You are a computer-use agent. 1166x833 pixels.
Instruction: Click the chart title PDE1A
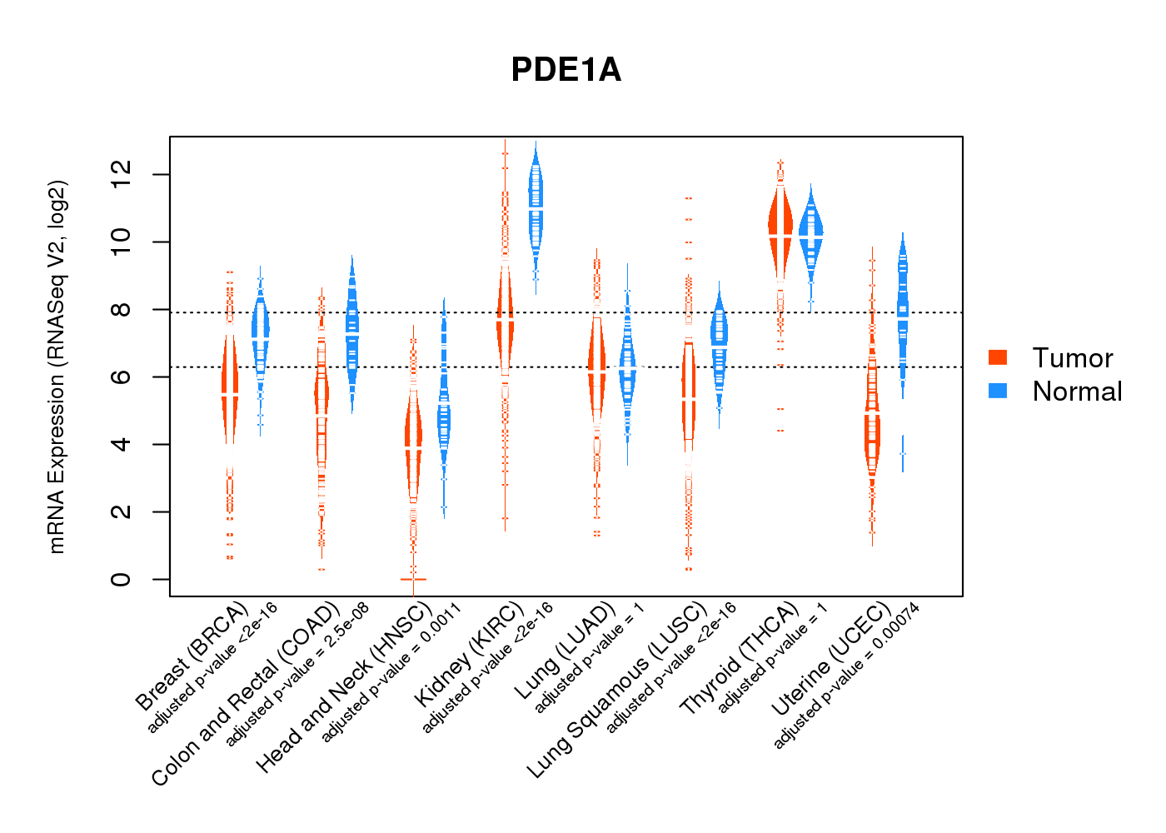[x=566, y=70]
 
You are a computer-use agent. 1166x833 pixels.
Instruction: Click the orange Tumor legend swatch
[x=998, y=357]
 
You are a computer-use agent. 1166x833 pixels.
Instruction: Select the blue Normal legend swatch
[x=998, y=391]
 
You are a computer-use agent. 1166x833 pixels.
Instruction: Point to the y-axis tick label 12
[x=122, y=174]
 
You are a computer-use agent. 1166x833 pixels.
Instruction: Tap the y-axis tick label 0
[x=122, y=579]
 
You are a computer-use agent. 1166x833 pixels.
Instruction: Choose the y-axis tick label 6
[x=122, y=377]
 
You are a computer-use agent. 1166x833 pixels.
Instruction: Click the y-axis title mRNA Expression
[x=57, y=367]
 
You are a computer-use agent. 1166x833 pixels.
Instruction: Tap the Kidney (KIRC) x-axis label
[x=469, y=653]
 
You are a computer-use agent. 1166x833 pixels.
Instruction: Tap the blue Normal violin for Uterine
[x=902, y=308]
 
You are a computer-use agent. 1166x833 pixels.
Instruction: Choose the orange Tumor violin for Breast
[x=230, y=392]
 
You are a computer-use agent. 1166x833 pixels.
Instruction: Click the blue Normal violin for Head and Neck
[x=444, y=416]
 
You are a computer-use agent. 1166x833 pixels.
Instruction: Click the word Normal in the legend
[x=1077, y=392]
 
